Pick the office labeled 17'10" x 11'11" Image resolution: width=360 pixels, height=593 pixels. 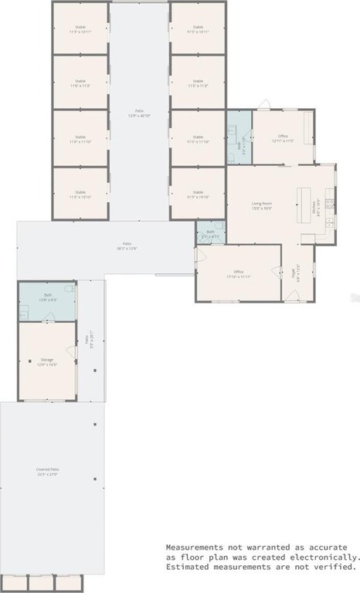coord(239,274)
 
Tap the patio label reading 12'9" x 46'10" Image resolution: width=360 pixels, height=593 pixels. coord(140,113)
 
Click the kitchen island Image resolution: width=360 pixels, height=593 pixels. coord(299,204)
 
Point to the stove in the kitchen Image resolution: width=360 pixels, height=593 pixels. coord(329,204)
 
